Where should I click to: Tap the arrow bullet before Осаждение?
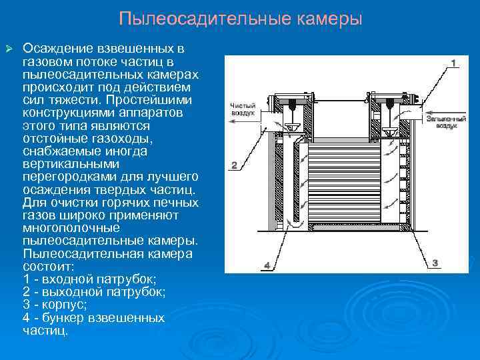click(x=9, y=49)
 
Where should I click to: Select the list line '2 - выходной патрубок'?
click(x=94, y=292)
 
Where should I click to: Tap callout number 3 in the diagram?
click(x=435, y=263)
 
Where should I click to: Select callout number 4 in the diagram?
click(x=267, y=265)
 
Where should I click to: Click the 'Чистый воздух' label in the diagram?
click(x=243, y=109)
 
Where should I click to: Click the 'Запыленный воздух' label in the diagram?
click(x=442, y=120)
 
